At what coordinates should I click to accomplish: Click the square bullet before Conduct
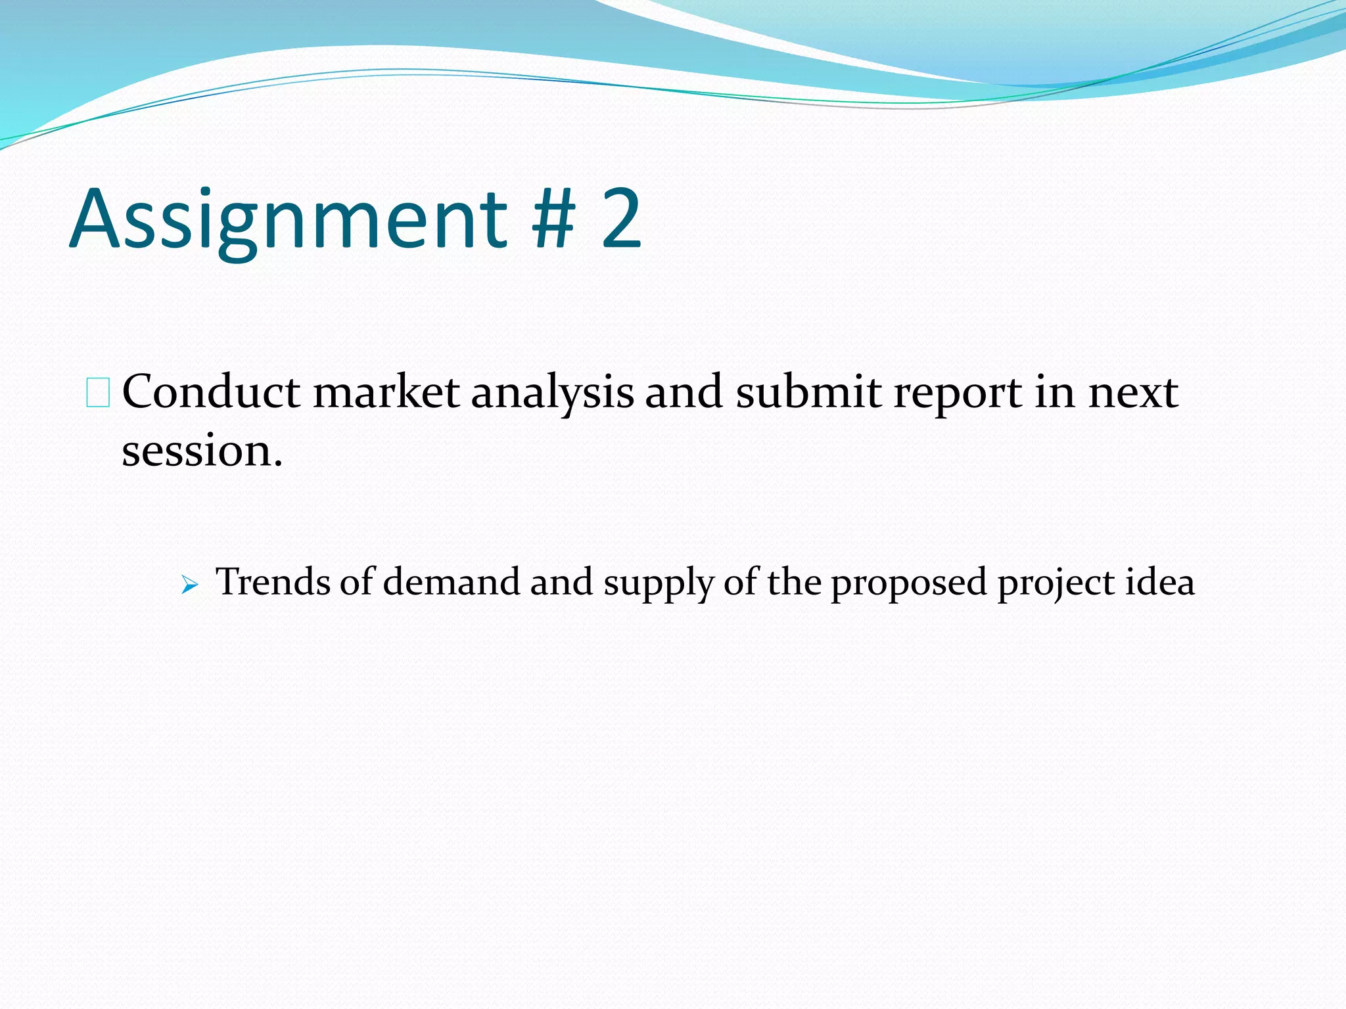pyautogui.click(x=98, y=393)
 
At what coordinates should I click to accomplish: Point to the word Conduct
pyautogui.click(x=211, y=393)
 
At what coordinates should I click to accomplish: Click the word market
pyautogui.click(x=386, y=393)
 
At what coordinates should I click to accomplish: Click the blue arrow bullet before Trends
pyautogui.click(x=189, y=584)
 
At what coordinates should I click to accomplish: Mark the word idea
pyautogui.click(x=1160, y=582)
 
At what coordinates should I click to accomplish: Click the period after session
pyautogui.click(x=278, y=464)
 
